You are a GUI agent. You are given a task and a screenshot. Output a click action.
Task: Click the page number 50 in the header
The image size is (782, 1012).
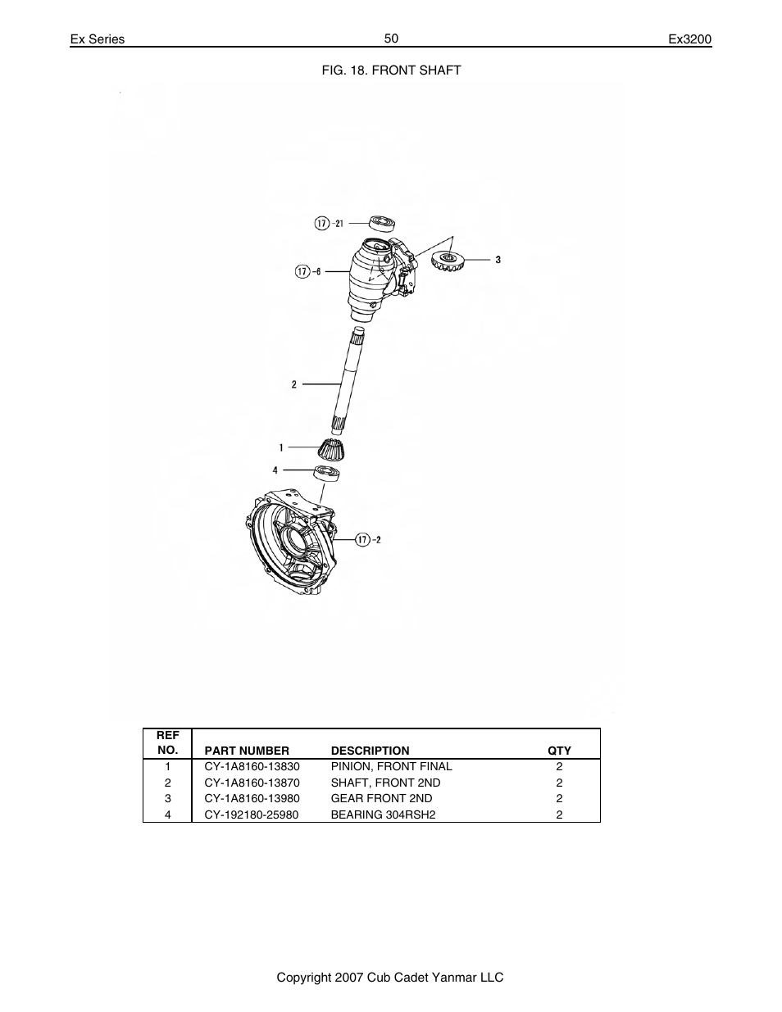click(391, 39)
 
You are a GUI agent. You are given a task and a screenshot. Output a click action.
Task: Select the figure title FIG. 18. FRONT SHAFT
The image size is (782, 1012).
click(390, 70)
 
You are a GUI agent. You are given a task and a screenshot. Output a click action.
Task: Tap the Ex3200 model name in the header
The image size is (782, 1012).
click(690, 39)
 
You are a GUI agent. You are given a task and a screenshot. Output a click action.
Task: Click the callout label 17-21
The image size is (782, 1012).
click(330, 224)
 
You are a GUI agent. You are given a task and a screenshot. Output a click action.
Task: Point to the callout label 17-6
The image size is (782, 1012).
click(308, 271)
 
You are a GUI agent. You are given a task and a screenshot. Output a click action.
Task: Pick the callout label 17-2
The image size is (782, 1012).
click(369, 539)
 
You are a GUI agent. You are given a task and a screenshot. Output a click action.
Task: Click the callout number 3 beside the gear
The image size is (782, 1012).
click(498, 260)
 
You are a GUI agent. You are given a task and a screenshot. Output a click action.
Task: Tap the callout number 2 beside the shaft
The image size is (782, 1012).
click(294, 383)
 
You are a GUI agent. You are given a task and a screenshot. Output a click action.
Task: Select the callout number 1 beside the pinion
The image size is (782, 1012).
click(281, 447)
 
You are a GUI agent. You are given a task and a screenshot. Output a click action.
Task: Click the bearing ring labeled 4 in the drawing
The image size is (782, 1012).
click(328, 472)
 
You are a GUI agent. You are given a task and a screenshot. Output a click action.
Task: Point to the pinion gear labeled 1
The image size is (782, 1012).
click(332, 450)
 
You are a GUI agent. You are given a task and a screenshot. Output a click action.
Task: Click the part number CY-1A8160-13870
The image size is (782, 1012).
click(252, 783)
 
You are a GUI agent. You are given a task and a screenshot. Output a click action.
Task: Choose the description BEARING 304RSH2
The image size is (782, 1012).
click(381, 815)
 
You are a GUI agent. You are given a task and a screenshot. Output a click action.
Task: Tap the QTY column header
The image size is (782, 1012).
click(559, 750)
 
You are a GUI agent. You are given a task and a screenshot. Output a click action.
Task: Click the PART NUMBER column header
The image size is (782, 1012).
click(247, 750)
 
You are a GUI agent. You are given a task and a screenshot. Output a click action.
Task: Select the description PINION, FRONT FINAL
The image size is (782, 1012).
click(391, 766)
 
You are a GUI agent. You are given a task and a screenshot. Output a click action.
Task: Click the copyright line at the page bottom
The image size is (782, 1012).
click(390, 978)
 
